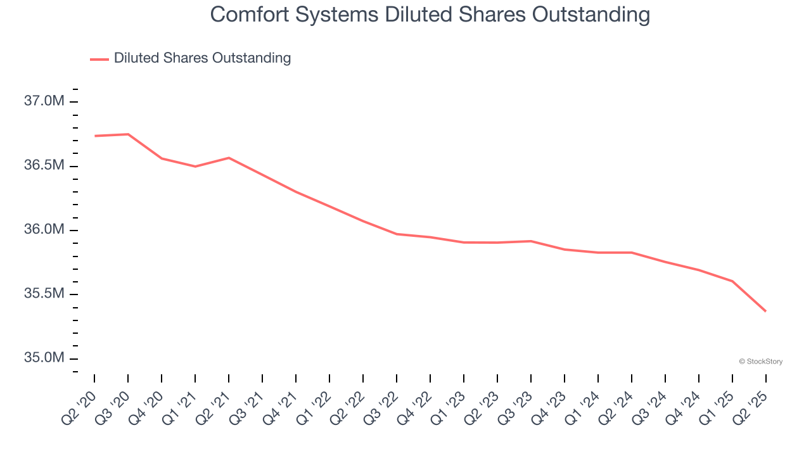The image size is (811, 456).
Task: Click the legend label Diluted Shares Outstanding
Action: tap(202, 58)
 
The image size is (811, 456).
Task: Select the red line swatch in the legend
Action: tap(99, 59)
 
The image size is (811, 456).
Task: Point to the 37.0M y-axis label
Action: tap(44, 101)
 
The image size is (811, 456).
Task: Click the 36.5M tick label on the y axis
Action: tap(44, 165)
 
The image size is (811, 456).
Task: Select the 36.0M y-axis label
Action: tap(44, 229)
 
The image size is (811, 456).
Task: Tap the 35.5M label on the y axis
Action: tap(44, 294)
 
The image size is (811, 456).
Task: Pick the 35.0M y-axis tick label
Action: tap(44, 358)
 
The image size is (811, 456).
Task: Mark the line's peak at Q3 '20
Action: tap(128, 134)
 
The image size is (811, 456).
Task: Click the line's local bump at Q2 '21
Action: tap(229, 158)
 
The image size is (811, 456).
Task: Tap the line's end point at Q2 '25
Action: tap(765, 311)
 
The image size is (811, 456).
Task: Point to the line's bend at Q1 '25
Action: tap(732, 281)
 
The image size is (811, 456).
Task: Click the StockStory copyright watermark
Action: tap(761, 362)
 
